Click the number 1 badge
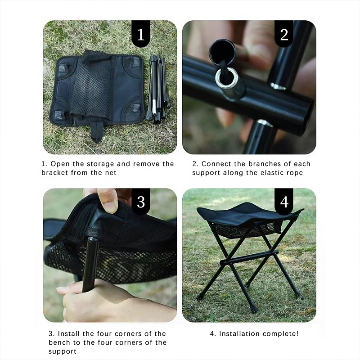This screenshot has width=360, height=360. [x=141, y=34]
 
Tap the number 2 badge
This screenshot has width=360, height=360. [x=284, y=34]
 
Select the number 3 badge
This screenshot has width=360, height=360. [x=141, y=202]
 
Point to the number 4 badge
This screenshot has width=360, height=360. [x=284, y=202]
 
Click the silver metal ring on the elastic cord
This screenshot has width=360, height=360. [x=226, y=78]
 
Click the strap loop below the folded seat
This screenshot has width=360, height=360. [x=97, y=131]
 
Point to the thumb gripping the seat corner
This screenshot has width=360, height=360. [x=108, y=200]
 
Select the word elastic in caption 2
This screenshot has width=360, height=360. [x=273, y=173]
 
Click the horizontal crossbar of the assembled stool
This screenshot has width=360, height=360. [x=249, y=257]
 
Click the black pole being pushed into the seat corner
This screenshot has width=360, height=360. [x=90, y=264]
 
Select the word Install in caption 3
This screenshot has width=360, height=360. [x=68, y=333]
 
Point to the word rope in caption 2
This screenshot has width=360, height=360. [x=295, y=173]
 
